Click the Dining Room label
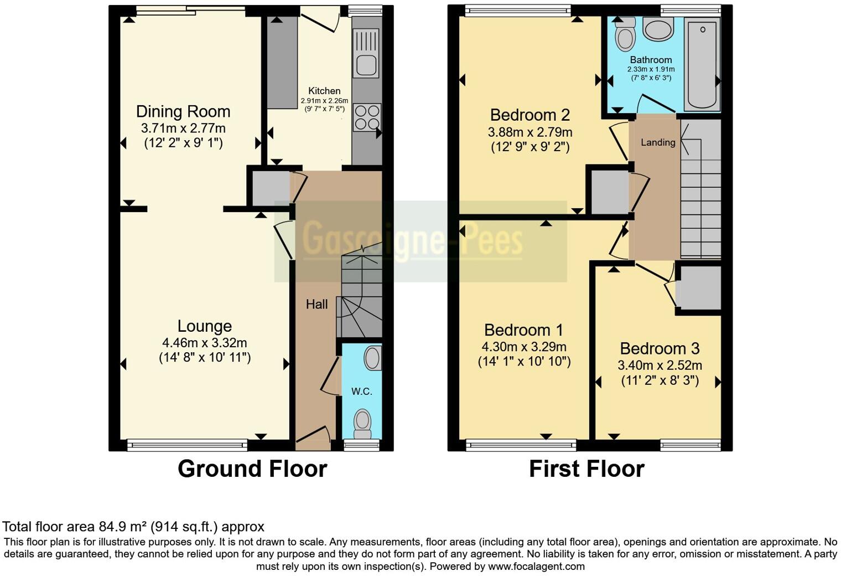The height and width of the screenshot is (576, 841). [x=183, y=111]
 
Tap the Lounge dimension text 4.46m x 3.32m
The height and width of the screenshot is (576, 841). [x=205, y=343]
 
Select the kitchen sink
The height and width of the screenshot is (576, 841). [x=366, y=53]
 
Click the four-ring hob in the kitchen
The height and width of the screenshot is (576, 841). [x=367, y=117]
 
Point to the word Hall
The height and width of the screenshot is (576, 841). [x=316, y=304]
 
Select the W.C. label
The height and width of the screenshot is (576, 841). [x=361, y=392]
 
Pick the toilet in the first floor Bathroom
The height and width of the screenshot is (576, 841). [x=625, y=34]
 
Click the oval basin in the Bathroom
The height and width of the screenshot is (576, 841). [x=658, y=29]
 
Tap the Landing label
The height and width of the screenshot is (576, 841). [x=658, y=142]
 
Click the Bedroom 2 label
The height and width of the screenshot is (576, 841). [x=529, y=115]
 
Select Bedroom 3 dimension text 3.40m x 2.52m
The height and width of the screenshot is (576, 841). [x=660, y=365]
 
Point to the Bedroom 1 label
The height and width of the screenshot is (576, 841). [x=524, y=330]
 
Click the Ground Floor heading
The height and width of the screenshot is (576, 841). [x=252, y=469]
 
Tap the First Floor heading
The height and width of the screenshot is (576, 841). [x=587, y=469]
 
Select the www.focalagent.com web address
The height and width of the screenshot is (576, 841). [x=536, y=566]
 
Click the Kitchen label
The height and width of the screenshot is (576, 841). [x=324, y=91]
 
